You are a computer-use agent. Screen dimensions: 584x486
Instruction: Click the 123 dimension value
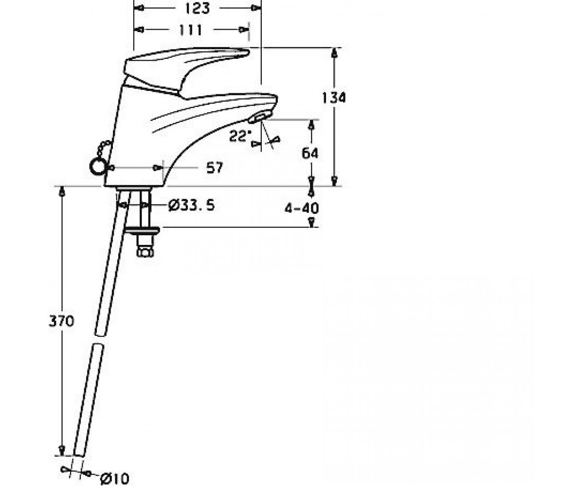coord(197,8)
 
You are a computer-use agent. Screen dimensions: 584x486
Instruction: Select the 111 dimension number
coord(190,30)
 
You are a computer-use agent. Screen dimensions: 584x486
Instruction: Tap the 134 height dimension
coord(334,98)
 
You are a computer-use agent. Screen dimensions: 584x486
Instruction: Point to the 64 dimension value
coord(310,154)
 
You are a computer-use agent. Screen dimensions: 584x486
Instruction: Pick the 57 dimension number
coord(215,168)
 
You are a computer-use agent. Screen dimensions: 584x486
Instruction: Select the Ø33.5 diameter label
coord(192,206)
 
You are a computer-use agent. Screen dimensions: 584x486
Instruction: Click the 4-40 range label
coord(302,208)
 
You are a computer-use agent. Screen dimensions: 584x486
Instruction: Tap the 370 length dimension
coord(61,321)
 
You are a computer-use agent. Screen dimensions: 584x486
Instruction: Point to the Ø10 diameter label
coord(115,479)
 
